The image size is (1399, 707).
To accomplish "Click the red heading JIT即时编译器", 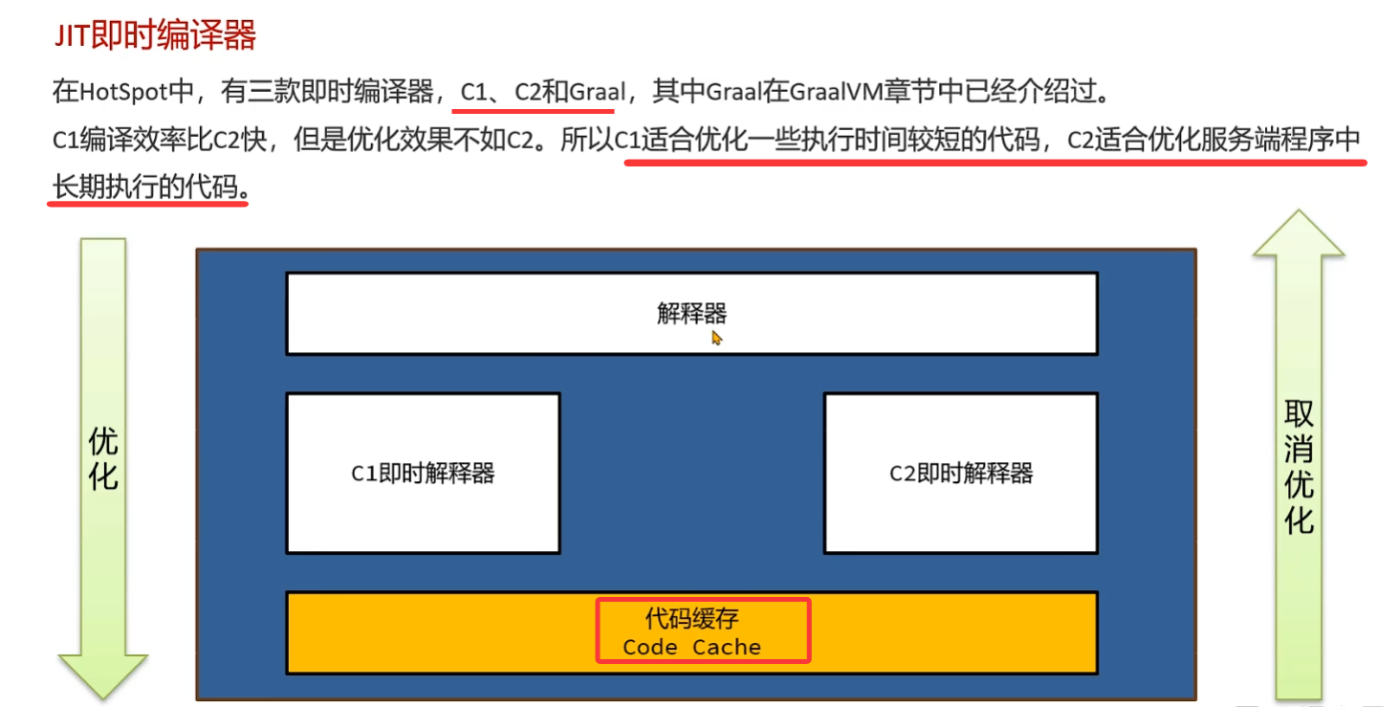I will tap(153, 36).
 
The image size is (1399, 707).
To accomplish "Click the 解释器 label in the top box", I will tap(691, 313).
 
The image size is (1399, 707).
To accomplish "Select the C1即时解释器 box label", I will tap(423, 473).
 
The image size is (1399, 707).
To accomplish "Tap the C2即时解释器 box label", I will tap(961, 473).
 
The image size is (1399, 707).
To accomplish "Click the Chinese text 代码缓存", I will tap(691, 619).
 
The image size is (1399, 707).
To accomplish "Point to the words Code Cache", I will tap(691, 647).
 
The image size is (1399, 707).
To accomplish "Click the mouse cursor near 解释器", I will tap(716, 337).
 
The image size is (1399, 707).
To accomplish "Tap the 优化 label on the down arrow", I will tap(103, 459).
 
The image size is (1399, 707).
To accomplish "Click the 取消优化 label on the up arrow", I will tap(1299, 467).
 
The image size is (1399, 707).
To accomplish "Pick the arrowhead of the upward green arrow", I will tap(1299, 234).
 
